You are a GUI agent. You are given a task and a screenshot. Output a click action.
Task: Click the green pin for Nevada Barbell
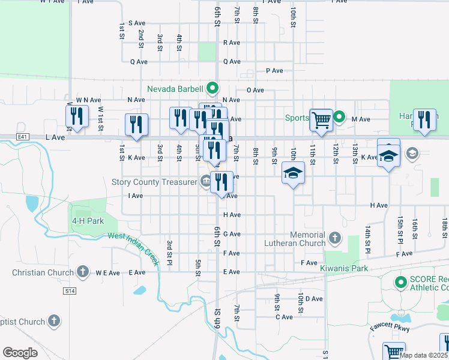coord(212,88)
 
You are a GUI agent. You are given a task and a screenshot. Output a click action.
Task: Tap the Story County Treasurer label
coord(154,182)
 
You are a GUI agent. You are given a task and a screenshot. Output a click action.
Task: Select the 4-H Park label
coord(88,221)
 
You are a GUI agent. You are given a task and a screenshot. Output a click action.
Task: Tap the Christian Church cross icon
coord(83,272)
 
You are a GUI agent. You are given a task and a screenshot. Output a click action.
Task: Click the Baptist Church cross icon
coord(54,322)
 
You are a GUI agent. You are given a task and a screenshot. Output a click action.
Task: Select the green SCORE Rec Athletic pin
coord(400,281)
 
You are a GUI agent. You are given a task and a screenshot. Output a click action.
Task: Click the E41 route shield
coord(23,137)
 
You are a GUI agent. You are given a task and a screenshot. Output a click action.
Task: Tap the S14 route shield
coord(70,291)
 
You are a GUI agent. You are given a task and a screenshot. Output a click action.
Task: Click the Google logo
coord(20,352)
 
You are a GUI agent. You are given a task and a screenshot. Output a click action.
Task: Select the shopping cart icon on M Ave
coord(321,119)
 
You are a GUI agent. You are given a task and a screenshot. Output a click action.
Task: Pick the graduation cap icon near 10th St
coord(293,175)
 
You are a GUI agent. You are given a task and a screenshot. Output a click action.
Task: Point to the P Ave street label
coord(274,71)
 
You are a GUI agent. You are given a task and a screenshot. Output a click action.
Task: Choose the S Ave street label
coord(137,23)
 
